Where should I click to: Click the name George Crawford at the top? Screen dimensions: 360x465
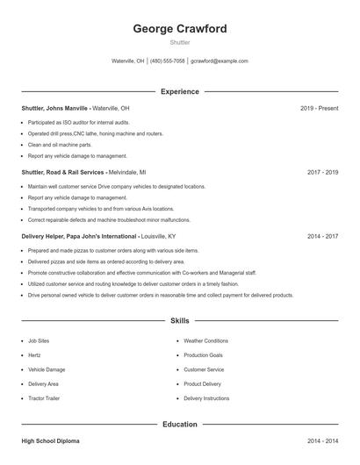[x=179, y=29]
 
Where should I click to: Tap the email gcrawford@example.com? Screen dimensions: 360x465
[x=220, y=61]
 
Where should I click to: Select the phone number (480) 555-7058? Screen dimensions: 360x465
[x=167, y=61]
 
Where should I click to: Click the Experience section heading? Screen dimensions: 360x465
[x=179, y=91]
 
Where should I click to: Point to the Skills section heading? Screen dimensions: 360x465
[x=179, y=321]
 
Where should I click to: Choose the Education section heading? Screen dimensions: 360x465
[x=179, y=424]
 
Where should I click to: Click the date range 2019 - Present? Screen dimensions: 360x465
[x=319, y=108]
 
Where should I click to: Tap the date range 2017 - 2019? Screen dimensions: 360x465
[x=322, y=173]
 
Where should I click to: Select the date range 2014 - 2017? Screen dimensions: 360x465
[x=322, y=237]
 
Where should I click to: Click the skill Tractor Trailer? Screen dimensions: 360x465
[x=45, y=398]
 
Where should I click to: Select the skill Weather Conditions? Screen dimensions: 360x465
[x=205, y=340]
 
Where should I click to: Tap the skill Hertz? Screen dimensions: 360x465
[x=35, y=355]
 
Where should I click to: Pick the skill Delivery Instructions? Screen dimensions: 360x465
[x=206, y=398]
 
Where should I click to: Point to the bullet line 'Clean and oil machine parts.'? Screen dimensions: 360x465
[x=60, y=144]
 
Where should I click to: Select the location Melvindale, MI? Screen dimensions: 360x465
[x=126, y=173]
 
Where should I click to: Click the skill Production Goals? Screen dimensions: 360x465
[x=203, y=355]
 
